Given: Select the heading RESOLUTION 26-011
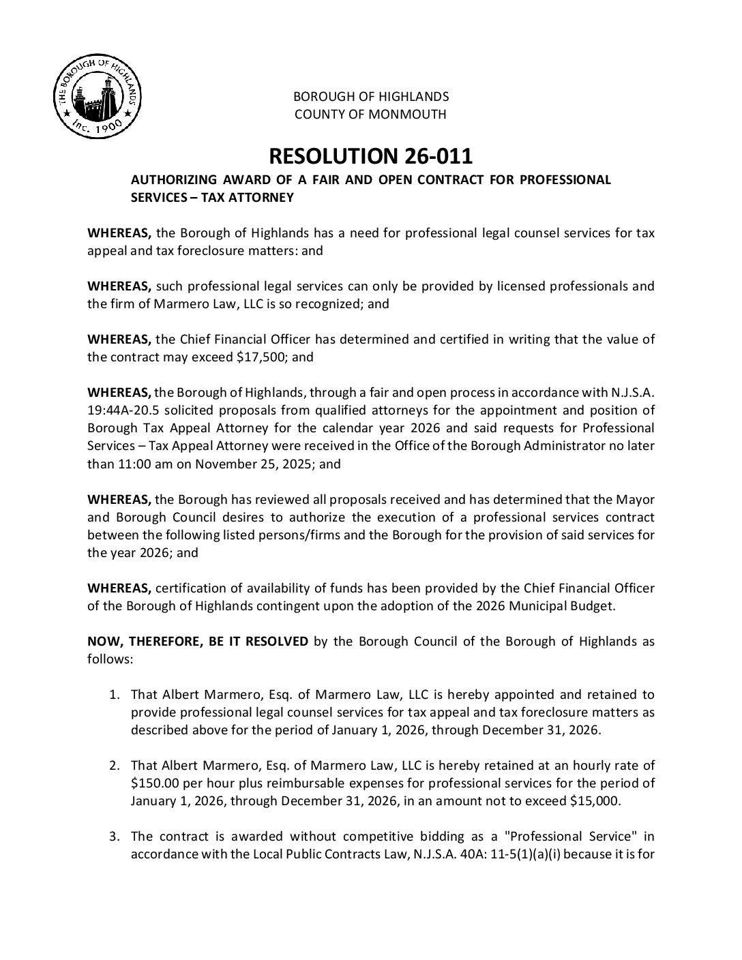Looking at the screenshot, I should (x=370, y=156).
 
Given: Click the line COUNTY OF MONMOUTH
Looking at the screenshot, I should (x=370, y=114).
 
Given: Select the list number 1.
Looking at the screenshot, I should (x=115, y=695).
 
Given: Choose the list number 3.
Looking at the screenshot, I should (x=115, y=836).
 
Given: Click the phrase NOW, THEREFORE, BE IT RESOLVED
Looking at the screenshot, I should (x=198, y=642).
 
